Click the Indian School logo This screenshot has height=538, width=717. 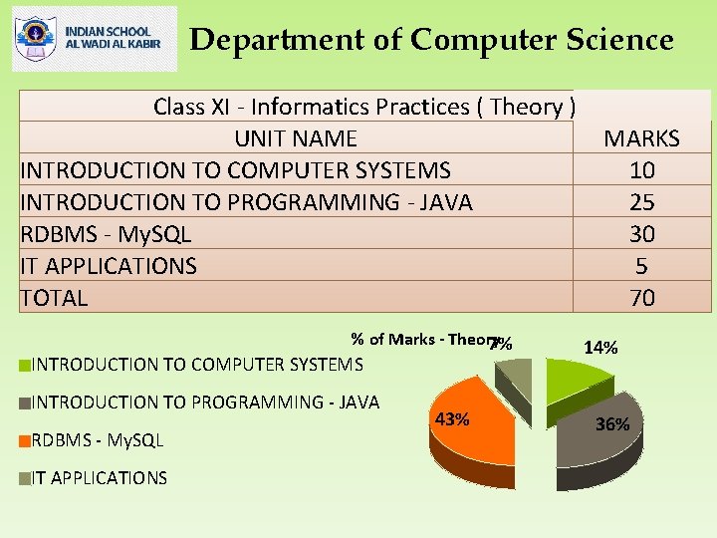coord(95,39)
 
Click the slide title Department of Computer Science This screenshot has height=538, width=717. coord(431,40)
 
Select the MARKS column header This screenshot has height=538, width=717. coord(641,138)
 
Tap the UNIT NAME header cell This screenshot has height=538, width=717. coord(296,138)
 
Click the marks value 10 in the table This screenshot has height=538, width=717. coord(641,170)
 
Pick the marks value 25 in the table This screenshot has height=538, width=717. coord(641,202)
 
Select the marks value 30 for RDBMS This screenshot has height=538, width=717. coord(641,234)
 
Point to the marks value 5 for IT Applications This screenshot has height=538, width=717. coord(641,266)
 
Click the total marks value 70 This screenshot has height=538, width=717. coord(641,298)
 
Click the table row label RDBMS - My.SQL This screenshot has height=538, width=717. coord(106,234)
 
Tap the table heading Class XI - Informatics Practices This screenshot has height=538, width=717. coord(363,107)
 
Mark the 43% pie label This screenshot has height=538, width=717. coord(452,419)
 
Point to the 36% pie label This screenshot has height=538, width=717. coord(611,424)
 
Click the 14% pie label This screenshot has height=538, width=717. coord(600,348)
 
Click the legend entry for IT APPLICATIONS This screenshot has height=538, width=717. coord(100,478)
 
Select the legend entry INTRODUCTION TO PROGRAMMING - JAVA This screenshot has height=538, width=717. coord(205,403)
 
